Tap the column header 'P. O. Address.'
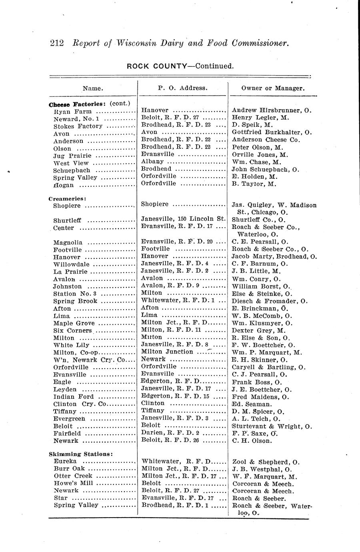[x=182, y=88]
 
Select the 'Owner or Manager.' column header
[x=273, y=88]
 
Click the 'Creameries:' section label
[x=68, y=198]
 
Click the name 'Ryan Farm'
[x=72, y=112]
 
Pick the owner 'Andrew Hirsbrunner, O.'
[x=272, y=110]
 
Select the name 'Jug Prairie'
[x=72, y=156]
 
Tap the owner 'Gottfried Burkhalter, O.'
[x=272, y=132]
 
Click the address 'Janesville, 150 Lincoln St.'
[x=184, y=219]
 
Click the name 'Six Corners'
[x=72, y=331]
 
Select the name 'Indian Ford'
[x=74, y=397]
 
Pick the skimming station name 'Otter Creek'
[x=73, y=476]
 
